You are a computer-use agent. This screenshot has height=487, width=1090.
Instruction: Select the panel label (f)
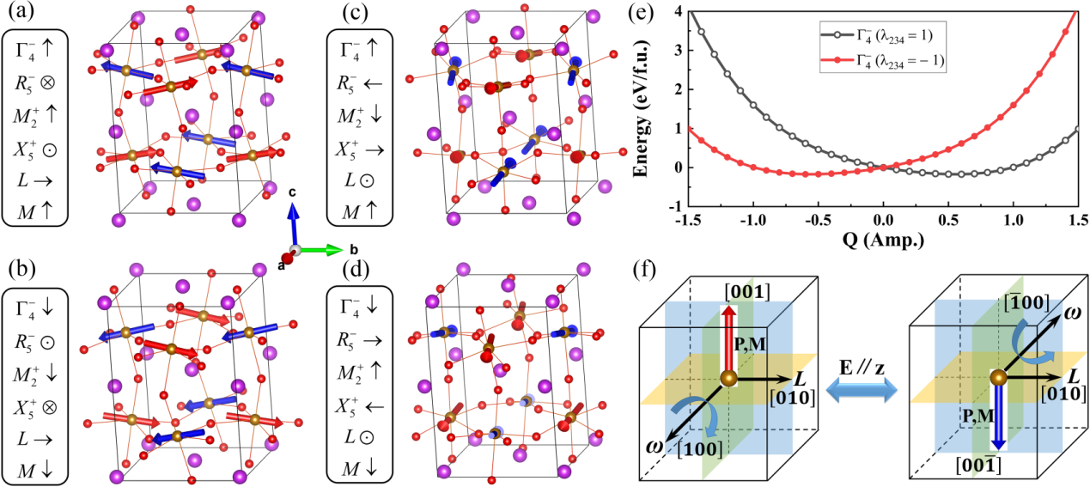coord(647,266)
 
